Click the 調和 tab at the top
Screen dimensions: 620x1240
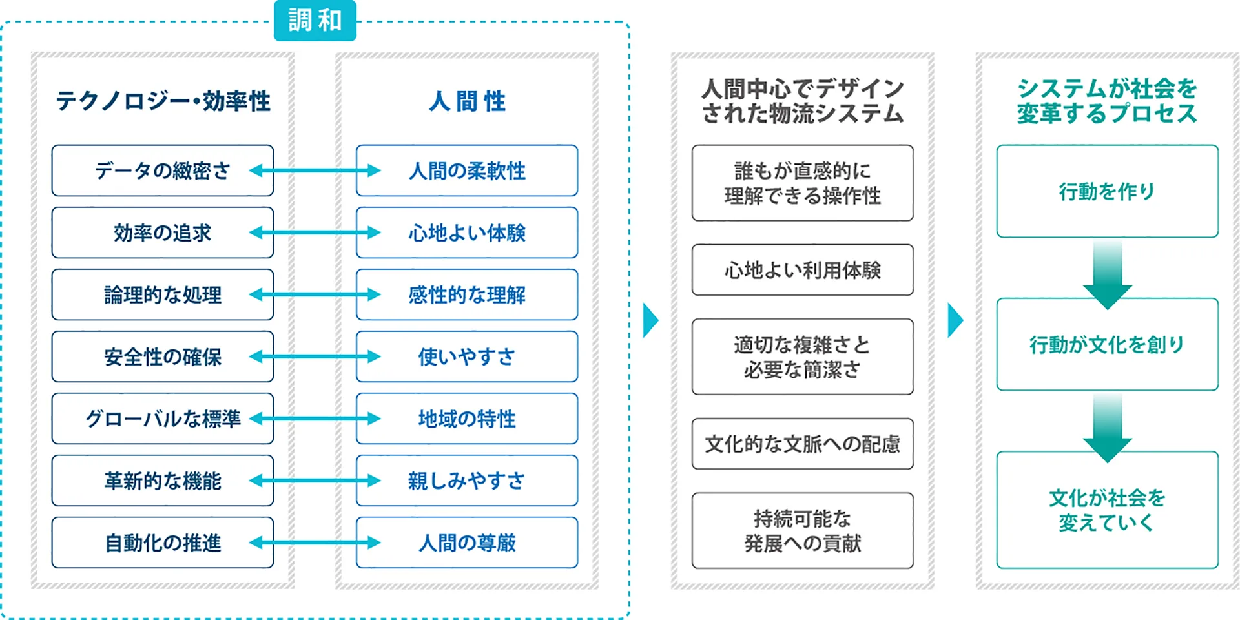(315, 21)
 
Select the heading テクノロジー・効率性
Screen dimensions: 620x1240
(163, 101)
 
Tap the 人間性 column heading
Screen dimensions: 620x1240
(467, 101)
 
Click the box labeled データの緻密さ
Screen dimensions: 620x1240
(162, 170)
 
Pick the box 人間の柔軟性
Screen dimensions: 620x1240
(467, 170)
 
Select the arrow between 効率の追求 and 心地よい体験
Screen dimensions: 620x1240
(315, 232)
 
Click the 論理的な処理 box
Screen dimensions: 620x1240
(162, 294)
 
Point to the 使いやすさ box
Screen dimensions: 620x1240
(467, 356)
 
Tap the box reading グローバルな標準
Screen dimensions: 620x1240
(162, 418)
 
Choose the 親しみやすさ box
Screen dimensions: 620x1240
(467, 480)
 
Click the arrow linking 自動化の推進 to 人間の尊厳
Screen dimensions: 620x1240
(315, 542)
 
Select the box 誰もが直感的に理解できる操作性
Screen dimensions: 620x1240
(802, 183)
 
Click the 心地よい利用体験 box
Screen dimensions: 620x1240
(802, 270)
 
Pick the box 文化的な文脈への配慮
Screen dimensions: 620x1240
(802, 444)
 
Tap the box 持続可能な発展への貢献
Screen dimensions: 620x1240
(802, 531)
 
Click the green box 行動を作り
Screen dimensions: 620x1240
(1107, 191)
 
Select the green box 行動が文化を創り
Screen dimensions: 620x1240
(1107, 344)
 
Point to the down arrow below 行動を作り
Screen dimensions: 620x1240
(1107, 274)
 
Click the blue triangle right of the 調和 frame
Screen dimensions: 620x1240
(650, 320)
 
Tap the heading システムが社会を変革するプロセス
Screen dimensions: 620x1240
(1107, 101)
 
